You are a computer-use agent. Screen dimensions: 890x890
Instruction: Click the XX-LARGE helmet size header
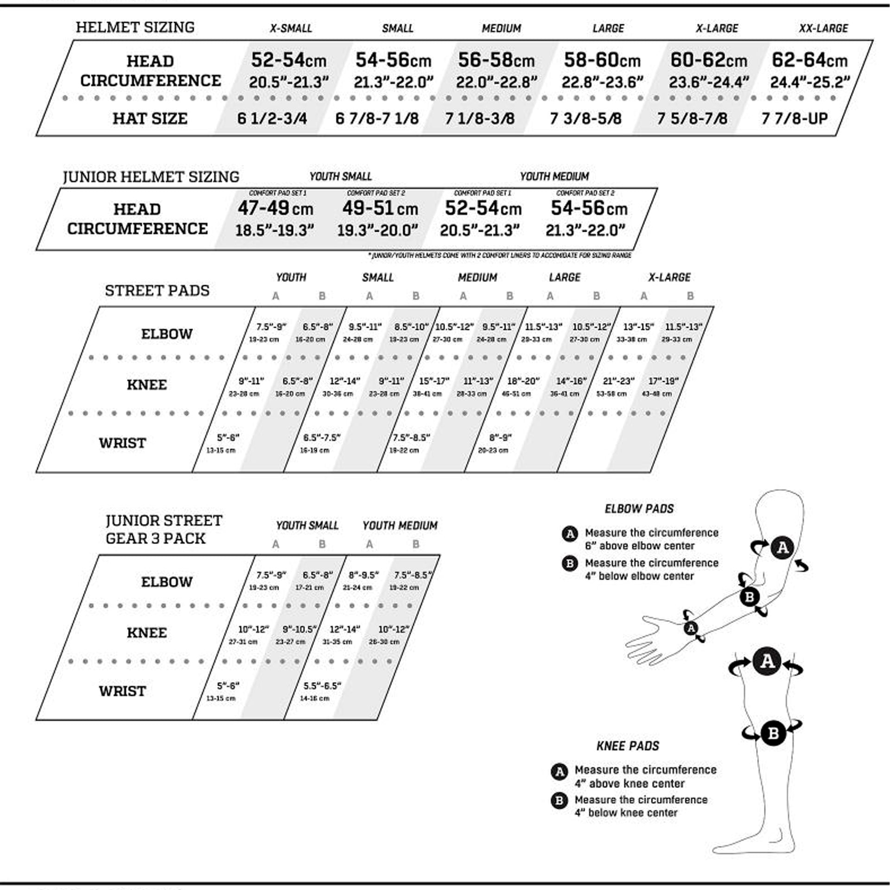[x=823, y=28]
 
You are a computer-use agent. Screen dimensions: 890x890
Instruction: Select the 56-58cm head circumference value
[x=496, y=60]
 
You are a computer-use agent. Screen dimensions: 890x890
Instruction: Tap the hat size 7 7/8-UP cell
[x=795, y=119]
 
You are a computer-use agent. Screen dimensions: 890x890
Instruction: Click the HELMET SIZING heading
[x=135, y=27]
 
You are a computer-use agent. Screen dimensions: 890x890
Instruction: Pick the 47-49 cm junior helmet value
[x=275, y=209]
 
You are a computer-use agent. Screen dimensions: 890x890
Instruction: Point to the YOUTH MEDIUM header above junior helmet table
[x=554, y=177]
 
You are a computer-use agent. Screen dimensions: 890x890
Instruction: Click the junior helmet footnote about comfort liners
[x=500, y=255]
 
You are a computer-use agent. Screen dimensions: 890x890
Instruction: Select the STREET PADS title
[x=157, y=291]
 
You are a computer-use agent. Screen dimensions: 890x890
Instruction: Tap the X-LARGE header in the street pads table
[x=669, y=278]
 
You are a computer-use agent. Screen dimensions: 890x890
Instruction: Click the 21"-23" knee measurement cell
[x=618, y=381]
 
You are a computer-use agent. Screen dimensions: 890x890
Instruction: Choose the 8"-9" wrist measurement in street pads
[x=500, y=438]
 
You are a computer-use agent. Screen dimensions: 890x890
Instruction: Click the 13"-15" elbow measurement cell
[x=638, y=327]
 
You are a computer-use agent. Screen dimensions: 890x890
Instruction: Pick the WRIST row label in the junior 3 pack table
[x=122, y=691]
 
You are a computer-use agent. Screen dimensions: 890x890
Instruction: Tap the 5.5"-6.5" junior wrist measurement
[x=322, y=686]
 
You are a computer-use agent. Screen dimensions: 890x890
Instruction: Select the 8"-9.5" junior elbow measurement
[x=364, y=575]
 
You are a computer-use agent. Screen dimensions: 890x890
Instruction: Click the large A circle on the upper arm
[x=782, y=548]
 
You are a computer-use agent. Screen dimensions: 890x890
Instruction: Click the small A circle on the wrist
[x=691, y=628]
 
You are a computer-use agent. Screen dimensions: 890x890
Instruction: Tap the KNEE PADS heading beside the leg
[x=628, y=746]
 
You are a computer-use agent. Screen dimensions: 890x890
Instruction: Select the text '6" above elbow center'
[x=639, y=546]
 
